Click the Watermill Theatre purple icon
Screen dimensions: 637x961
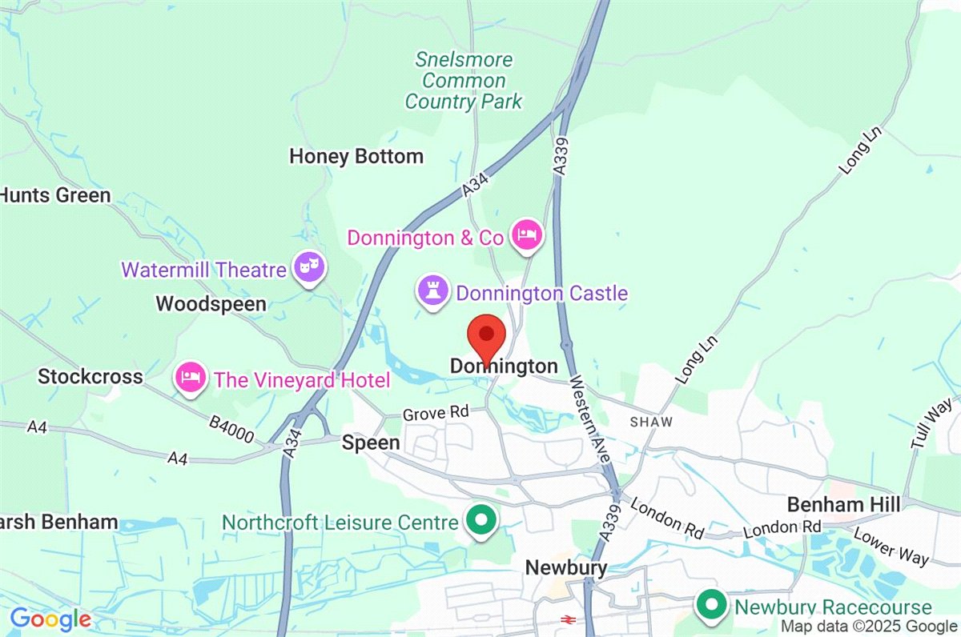pos(308,266)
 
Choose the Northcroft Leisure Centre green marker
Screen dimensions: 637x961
pos(481,521)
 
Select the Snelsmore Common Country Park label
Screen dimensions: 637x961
pos(464,81)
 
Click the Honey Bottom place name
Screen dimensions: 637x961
pos(356,156)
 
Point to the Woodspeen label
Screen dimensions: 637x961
pos(211,304)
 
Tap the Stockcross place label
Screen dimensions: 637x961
pos(90,376)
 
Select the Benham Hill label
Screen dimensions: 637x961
pos(843,504)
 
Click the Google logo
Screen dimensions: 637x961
pos(50,619)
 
